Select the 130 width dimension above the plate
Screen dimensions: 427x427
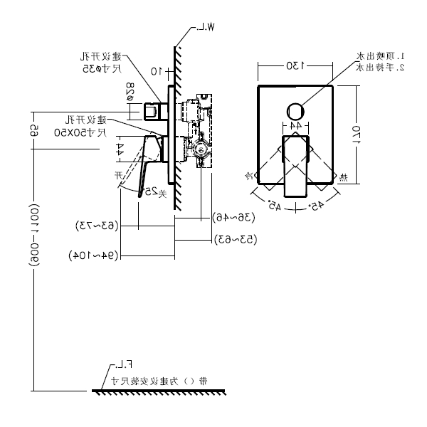point(295,65)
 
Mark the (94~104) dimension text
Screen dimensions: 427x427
point(93,255)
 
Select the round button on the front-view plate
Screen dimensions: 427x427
point(295,112)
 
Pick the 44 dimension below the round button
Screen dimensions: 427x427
point(295,125)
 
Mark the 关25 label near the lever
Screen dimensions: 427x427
point(149,191)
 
